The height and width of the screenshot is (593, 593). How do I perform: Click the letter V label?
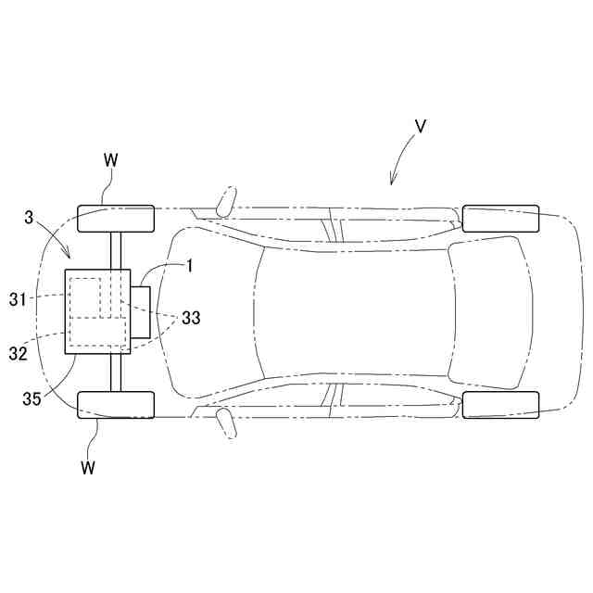420,126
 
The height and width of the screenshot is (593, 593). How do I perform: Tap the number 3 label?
29,218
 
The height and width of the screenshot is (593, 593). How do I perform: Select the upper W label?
111,160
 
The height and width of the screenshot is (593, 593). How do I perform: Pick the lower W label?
88,468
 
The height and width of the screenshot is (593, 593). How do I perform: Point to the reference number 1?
190,266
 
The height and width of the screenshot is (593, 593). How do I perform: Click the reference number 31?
19,299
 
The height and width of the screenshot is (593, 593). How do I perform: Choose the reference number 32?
19,354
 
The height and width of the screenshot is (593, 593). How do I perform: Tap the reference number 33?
191,318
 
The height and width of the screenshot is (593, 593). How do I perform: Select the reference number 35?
32,398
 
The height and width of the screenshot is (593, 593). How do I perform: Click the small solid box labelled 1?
140,312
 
